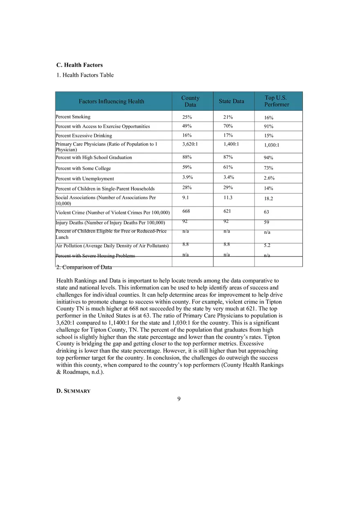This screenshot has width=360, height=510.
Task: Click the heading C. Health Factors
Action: point(79,65)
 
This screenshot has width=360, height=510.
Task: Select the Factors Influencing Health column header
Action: point(111,101)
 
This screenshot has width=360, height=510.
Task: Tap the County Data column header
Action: point(190,101)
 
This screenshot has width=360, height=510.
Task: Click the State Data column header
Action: point(231,101)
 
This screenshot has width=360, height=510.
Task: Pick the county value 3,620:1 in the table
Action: point(190,144)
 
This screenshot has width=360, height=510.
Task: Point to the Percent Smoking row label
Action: point(73,117)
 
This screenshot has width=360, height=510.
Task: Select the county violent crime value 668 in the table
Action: point(187,211)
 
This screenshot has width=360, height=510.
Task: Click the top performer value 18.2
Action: point(268,199)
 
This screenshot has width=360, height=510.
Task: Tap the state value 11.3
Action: point(228,198)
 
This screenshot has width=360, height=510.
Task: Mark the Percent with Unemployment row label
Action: point(85,179)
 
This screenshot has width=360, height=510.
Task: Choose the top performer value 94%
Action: point(268,158)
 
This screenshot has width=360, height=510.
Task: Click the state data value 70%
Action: point(228,126)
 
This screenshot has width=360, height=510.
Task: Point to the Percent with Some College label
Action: point(83,169)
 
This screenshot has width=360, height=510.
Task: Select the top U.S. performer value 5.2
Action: point(267,246)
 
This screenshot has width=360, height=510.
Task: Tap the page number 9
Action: point(179,399)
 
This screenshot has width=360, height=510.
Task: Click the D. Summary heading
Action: point(73,391)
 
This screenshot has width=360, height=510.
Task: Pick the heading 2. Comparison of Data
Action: point(84,267)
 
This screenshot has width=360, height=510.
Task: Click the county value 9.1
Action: point(185,198)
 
